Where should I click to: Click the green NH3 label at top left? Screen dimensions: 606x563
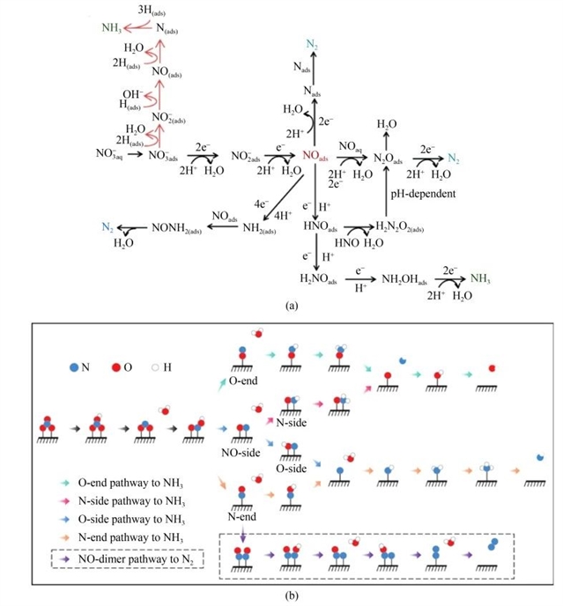pos(112,27)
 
